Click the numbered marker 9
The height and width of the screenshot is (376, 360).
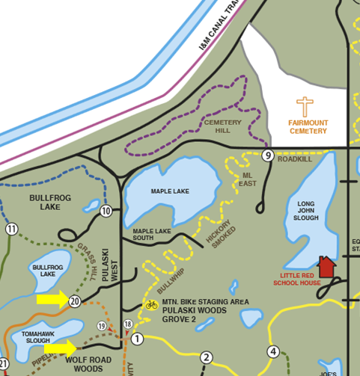[x=267, y=155]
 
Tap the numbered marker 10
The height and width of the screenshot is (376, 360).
[x=106, y=212]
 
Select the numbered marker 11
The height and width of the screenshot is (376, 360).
[x=11, y=229]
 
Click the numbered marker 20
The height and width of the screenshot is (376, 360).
[x=74, y=301]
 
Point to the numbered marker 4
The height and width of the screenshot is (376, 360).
[x=273, y=352]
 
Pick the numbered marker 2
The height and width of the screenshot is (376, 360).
[x=207, y=357]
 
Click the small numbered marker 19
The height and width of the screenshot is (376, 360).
[x=102, y=326]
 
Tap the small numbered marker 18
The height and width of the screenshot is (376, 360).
[x=128, y=324]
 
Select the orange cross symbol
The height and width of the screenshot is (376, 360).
[x=305, y=107]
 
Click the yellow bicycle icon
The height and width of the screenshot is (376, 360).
[x=150, y=304]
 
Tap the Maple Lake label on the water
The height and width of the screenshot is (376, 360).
[x=170, y=191]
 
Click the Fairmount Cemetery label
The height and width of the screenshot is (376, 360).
[x=308, y=127]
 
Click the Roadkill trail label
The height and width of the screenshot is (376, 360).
[x=294, y=159]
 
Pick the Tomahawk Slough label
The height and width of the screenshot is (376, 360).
[x=37, y=336]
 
